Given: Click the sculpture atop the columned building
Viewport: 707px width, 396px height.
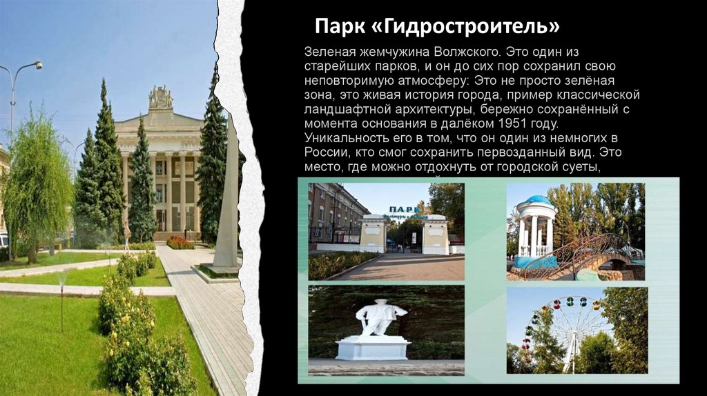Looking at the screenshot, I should click(x=161, y=98).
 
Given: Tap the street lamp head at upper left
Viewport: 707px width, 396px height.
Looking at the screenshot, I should click(x=37, y=65).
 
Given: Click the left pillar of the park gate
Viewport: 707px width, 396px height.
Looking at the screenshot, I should click(x=374, y=233).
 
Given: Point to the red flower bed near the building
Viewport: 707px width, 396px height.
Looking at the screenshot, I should click(x=180, y=242).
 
